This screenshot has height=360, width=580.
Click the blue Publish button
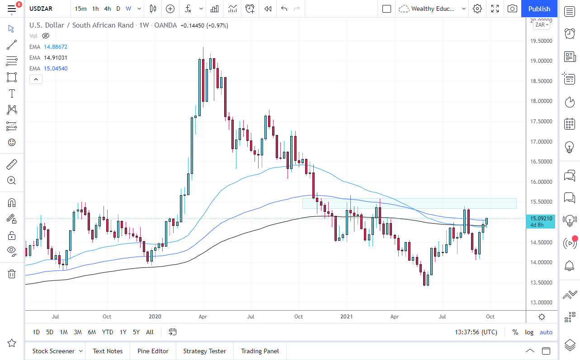(539, 9)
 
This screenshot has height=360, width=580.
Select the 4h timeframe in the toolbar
(107, 9)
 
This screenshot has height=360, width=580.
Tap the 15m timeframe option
(80, 9)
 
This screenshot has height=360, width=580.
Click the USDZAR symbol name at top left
(41, 9)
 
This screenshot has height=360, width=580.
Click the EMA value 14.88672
(56, 47)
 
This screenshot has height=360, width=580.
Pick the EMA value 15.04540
(56, 68)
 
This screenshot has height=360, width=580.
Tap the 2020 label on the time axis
(155, 317)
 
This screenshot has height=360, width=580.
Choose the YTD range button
(108, 332)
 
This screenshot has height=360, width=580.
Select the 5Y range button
(136, 332)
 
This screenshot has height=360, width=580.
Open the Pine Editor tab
(153, 351)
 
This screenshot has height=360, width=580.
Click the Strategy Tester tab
(204, 351)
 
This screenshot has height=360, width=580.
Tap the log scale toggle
(529, 332)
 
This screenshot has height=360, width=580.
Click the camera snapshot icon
(512, 9)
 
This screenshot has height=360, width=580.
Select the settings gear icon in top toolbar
(477, 9)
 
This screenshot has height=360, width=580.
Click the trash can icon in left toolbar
(12, 274)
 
